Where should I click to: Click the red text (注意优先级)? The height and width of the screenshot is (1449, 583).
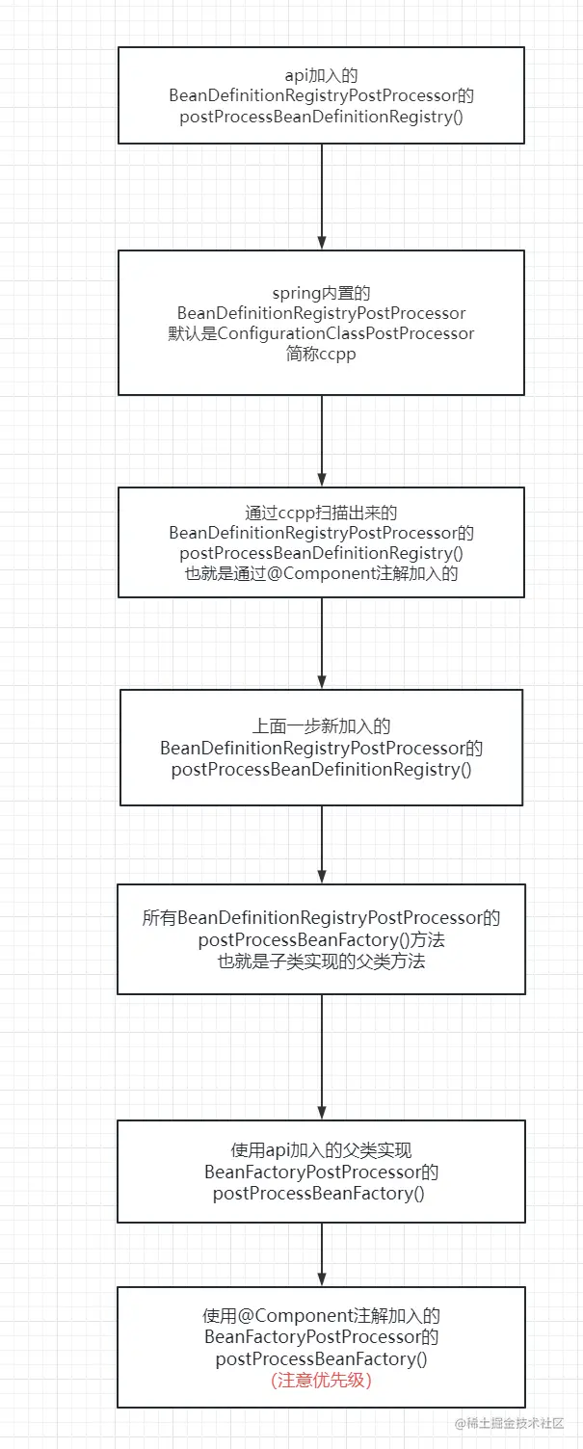321,1380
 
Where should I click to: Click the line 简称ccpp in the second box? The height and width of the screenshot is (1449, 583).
321,354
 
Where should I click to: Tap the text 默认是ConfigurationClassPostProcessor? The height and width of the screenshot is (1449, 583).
321,333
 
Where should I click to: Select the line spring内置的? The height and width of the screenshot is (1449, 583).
321,293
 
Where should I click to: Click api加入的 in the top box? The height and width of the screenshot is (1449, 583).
321,73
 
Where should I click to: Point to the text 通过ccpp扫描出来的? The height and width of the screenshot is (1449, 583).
321,513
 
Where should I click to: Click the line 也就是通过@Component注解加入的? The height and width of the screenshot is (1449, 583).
321,573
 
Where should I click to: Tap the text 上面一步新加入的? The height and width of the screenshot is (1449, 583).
321,726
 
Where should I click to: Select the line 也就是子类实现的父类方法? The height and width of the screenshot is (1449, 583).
321,961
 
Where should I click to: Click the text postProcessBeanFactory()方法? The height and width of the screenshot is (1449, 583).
321,939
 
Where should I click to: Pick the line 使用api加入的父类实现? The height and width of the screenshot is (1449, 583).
321,1150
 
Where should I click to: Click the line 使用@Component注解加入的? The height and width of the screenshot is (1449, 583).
321,1316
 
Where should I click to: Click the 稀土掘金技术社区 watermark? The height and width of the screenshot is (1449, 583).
511,1423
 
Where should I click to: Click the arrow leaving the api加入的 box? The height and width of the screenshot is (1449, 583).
322,197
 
